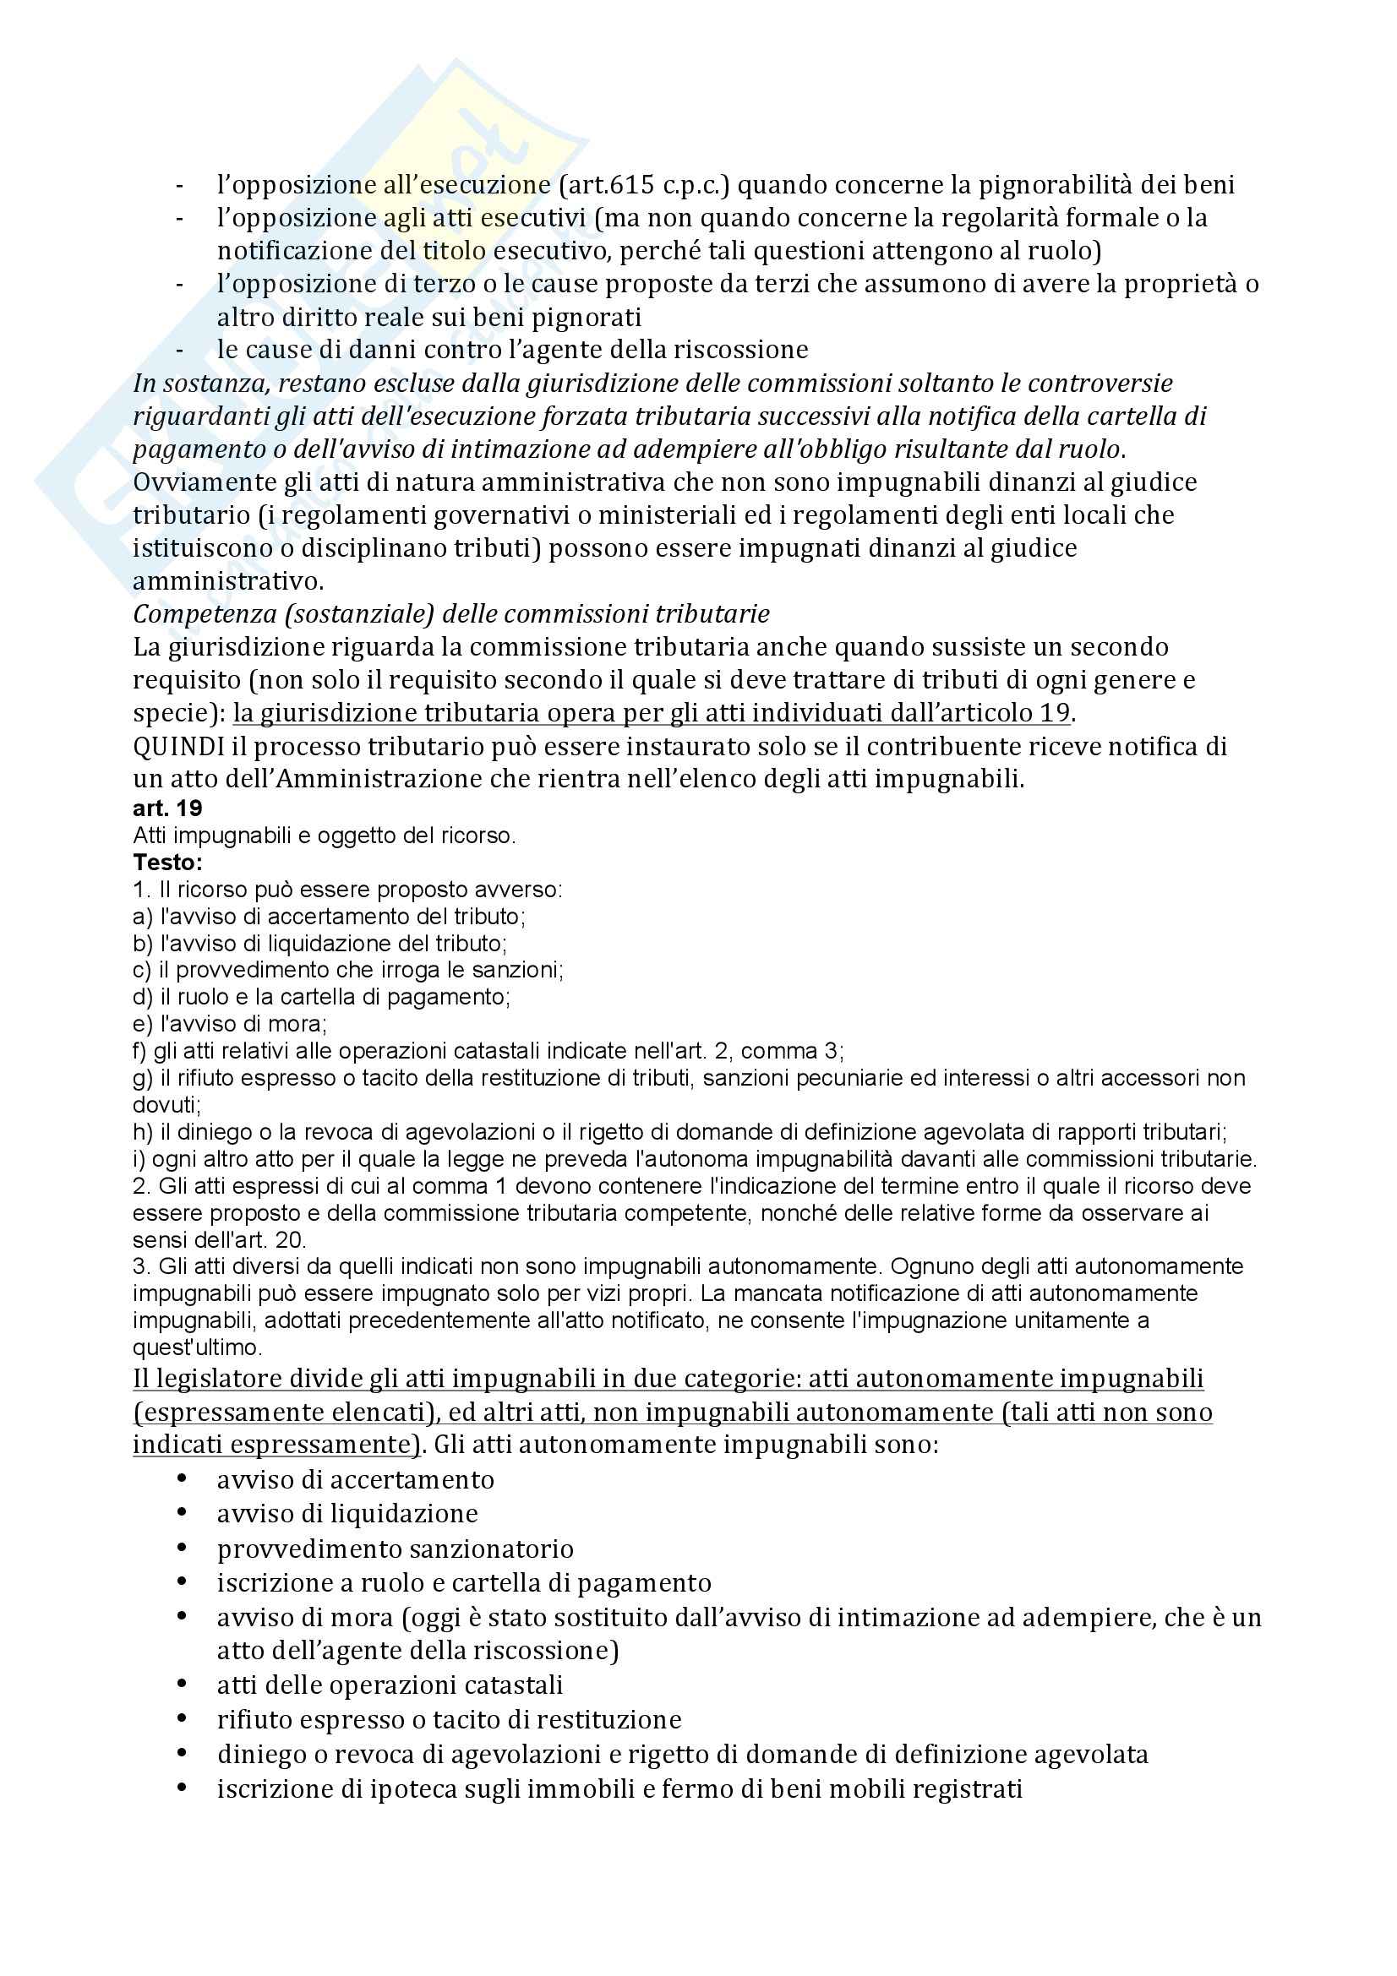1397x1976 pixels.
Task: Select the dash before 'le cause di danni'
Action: tap(179, 351)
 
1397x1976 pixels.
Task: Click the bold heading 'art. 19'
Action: tap(167, 809)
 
